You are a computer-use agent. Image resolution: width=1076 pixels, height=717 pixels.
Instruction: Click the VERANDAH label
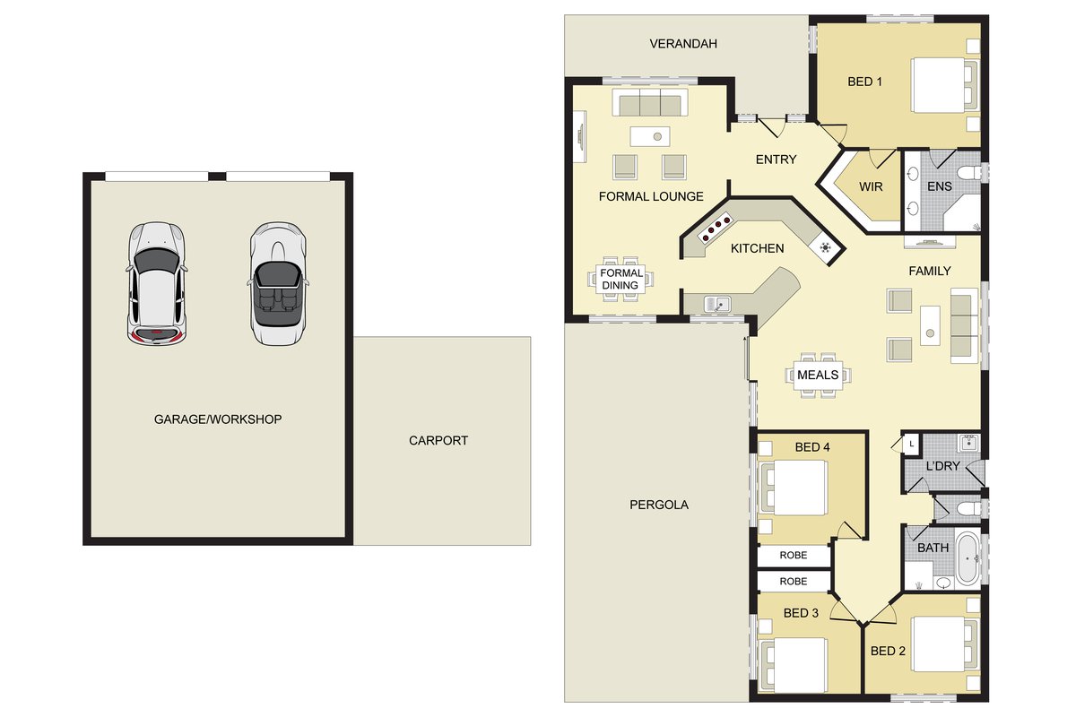click(x=683, y=44)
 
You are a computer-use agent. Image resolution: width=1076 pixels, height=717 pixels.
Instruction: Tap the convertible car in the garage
click(x=278, y=283)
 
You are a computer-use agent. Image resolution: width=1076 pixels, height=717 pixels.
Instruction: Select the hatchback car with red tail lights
click(x=156, y=283)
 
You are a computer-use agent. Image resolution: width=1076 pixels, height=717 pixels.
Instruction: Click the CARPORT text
click(x=438, y=440)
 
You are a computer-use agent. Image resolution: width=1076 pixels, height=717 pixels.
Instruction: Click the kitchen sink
click(x=717, y=304)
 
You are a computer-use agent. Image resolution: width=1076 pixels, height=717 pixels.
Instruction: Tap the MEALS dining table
click(x=818, y=375)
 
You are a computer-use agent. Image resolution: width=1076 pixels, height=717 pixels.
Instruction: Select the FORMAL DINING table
click(x=620, y=279)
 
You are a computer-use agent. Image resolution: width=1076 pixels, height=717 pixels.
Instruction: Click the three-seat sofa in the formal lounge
click(x=650, y=102)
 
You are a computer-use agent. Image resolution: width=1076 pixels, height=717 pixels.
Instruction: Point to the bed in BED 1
click(x=945, y=85)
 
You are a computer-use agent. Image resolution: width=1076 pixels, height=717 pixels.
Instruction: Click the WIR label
click(x=871, y=186)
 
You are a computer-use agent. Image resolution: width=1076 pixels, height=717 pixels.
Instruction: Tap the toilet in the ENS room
click(x=968, y=172)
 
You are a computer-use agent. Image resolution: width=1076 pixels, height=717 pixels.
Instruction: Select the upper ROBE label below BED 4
click(x=793, y=555)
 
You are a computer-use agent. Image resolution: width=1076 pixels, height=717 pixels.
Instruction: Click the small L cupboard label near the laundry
click(x=911, y=445)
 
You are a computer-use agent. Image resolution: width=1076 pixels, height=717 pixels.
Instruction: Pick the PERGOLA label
click(x=659, y=505)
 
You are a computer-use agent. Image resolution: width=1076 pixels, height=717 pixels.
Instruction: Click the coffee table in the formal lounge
click(x=650, y=136)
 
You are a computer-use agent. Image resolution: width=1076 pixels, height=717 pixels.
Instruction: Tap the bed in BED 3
click(x=793, y=666)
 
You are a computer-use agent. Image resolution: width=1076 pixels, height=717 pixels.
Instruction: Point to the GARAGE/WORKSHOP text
click(x=218, y=419)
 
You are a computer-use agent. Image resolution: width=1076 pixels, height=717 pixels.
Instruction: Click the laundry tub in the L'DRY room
click(x=968, y=443)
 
